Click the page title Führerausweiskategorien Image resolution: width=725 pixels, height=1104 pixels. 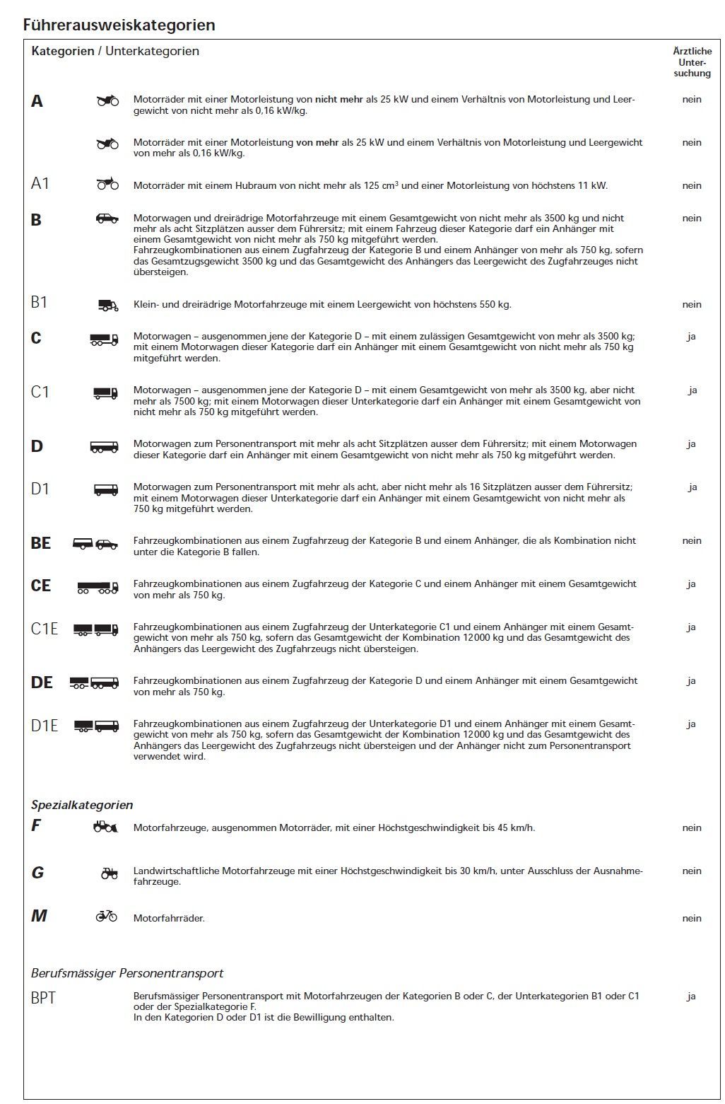119,25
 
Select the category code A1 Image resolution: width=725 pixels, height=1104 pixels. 40,184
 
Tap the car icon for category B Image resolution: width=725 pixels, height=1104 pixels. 107,219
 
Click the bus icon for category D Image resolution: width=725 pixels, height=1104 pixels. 105,447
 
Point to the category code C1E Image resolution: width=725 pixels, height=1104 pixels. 45,628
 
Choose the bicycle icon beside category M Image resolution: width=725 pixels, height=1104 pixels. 107,916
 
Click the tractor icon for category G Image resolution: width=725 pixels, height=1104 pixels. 109,873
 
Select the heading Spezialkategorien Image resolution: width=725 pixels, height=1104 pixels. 82,805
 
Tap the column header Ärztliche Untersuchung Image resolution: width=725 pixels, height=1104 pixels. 692,62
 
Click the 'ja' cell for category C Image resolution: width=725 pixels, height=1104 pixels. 691,336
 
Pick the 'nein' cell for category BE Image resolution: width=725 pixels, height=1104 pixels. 692,540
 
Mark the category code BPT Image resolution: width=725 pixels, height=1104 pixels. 43,998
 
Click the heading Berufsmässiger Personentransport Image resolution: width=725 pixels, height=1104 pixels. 127,973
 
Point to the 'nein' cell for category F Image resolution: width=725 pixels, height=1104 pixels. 692,827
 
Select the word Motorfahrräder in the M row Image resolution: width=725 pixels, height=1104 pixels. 169,918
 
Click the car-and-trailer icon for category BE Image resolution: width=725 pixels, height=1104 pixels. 95,544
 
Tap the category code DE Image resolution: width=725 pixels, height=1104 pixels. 42,682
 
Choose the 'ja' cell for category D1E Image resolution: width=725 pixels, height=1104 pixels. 692,724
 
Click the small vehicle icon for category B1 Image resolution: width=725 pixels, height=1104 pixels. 108,305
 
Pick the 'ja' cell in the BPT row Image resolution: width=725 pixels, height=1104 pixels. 691,996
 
